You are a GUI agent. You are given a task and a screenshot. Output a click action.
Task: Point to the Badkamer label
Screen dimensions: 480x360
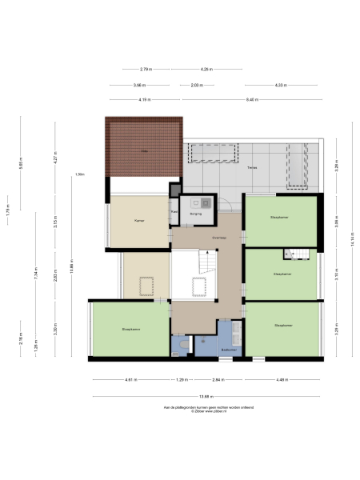click(x=229, y=350)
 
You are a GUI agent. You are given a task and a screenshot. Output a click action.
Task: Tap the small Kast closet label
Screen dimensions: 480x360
click(x=174, y=212)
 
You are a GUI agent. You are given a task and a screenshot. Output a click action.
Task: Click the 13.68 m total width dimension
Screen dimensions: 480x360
click(x=206, y=396)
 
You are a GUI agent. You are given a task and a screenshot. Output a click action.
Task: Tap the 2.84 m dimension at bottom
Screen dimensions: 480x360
click(x=218, y=379)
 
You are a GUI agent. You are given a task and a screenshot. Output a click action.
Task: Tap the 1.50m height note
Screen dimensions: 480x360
click(x=79, y=174)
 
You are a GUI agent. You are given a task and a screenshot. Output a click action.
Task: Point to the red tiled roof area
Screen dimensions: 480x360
click(x=144, y=149)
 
